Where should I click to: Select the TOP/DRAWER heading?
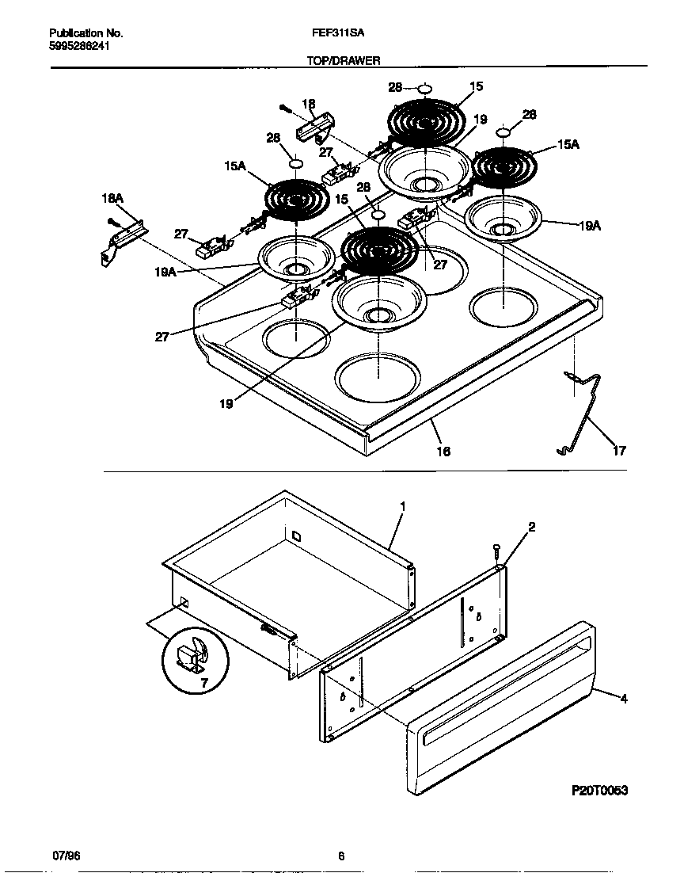tap(344, 60)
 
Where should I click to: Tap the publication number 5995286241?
tap(79, 46)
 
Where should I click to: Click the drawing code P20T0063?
tap(599, 791)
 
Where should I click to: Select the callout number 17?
tap(619, 451)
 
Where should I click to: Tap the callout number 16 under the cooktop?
tap(443, 451)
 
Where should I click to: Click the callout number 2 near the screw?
tap(532, 526)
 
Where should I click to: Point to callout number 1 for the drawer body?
tap(402, 505)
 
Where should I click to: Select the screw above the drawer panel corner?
tap(496, 549)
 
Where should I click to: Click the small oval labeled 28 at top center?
tap(424, 88)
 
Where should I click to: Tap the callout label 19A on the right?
tap(589, 226)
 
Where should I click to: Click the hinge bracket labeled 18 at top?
tap(315, 126)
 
